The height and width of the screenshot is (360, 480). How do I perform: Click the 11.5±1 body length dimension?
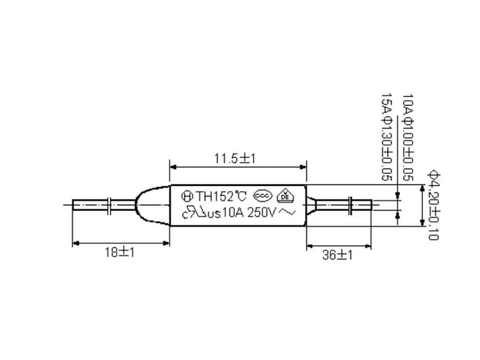[x=235, y=159]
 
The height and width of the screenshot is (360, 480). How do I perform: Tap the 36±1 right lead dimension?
[x=338, y=255]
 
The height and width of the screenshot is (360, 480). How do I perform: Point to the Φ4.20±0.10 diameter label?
[x=433, y=205]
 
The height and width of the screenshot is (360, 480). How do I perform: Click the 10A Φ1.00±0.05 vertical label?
[x=407, y=138]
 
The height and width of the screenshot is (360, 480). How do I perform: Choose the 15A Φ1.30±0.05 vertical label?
[x=386, y=138]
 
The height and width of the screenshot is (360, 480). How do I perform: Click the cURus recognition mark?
[x=195, y=214]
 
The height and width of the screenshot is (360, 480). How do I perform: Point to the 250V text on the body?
[x=262, y=213]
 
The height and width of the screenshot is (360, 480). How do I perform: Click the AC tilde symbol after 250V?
[x=287, y=213]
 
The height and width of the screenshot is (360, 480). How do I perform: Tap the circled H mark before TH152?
[x=187, y=196]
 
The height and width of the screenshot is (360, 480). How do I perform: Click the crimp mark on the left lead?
[x=110, y=205]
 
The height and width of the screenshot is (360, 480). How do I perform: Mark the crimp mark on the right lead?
[x=349, y=205]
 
